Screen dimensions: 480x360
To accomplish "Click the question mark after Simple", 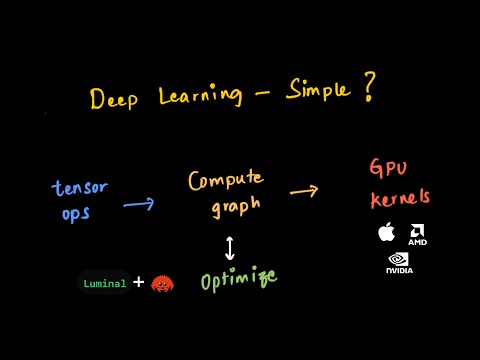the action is [x=368, y=88].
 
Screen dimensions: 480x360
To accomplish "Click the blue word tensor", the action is [x=79, y=189].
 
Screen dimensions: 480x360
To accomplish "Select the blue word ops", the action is [x=76, y=213].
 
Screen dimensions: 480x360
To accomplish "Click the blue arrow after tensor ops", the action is [x=138, y=204].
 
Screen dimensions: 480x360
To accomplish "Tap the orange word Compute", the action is [x=226, y=181].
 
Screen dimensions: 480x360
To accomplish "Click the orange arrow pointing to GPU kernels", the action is [x=304, y=190].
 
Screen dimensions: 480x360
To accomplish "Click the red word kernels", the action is [x=401, y=198].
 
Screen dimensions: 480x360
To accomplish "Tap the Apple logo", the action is [x=385, y=233].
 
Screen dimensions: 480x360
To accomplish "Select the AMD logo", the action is [x=417, y=236].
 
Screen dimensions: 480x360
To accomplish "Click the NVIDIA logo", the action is [x=399, y=263].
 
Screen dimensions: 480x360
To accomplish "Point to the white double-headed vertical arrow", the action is [x=230, y=247].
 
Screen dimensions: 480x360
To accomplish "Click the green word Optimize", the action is [x=238, y=280].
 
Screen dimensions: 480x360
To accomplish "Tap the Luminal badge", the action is [x=105, y=283].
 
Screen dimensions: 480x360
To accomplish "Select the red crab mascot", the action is [x=162, y=284].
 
